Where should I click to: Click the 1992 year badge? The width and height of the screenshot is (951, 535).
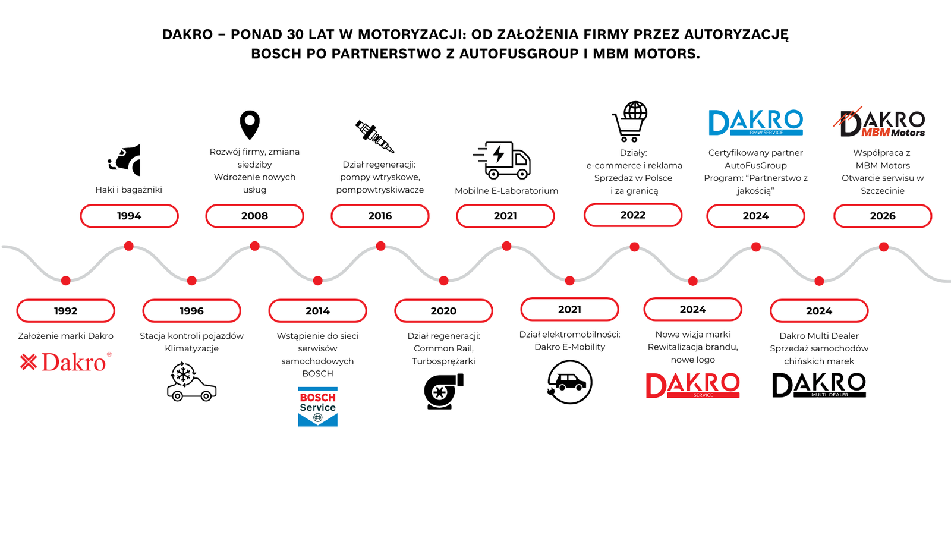(x=65, y=311)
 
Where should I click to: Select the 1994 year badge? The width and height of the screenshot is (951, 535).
(x=129, y=216)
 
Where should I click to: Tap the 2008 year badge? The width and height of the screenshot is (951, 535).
(x=254, y=216)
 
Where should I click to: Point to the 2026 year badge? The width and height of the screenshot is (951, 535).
(x=883, y=216)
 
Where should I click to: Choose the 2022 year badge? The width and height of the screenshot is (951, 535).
(x=633, y=215)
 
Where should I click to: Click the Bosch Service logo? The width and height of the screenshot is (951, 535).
(x=317, y=407)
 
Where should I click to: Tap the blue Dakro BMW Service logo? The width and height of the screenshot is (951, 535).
(x=755, y=122)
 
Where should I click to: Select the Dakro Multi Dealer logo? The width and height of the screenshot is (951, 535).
(x=819, y=385)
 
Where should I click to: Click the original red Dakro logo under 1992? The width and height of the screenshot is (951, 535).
(x=65, y=362)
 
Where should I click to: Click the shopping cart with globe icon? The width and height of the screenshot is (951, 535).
(x=630, y=122)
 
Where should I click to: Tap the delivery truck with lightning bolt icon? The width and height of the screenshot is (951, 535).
(x=503, y=160)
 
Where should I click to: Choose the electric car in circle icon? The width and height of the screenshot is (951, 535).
(x=569, y=383)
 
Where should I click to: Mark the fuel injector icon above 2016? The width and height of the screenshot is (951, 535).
(x=374, y=136)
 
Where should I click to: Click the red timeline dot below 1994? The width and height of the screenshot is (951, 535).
(x=128, y=246)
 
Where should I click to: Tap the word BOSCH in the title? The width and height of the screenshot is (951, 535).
(x=276, y=53)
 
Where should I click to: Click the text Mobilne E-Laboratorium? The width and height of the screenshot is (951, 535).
(x=506, y=191)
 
